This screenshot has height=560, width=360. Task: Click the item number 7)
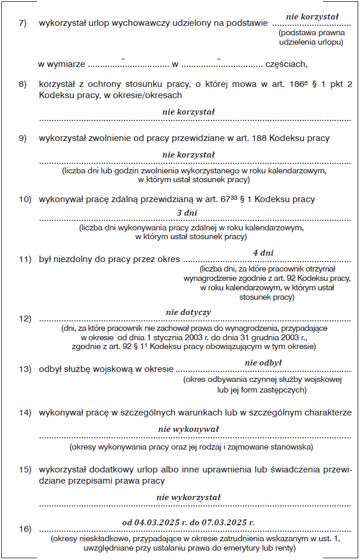[23, 24]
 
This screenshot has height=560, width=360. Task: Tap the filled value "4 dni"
[263, 253]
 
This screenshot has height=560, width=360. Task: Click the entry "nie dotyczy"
[189, 312]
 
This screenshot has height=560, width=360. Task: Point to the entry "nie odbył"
[263, 363]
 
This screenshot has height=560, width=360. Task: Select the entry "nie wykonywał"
[189, 430]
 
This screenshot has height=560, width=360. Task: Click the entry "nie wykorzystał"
[189, 497]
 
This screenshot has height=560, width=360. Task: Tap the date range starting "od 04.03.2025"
[189, 522]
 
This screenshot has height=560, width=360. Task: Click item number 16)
[25, 529]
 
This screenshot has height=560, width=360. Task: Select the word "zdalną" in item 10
[136, 199]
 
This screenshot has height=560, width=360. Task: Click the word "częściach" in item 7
[286, 63]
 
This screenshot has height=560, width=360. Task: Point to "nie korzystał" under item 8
[189, 111]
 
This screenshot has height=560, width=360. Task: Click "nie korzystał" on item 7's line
[312, 17]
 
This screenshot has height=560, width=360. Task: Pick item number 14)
[25, 413]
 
